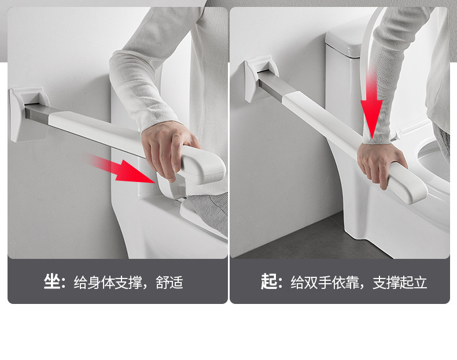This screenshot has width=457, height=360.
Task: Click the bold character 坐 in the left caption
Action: [x=52, y=281]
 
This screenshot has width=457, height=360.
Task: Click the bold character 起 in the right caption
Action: [x=268, y=281]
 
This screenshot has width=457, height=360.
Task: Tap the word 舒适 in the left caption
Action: [x=169, y=283]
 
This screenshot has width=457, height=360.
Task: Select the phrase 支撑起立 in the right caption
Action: [x=400, y=283]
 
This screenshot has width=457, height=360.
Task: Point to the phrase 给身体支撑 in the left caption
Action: [x=108, y=283]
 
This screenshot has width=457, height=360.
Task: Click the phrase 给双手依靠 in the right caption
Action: [x=325, y=283]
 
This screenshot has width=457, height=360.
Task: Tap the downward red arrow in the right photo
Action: [x=371, y=105]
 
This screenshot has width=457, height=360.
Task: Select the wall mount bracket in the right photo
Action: [x=260, y=78]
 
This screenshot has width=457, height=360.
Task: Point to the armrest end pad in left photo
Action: [x=202, y=165]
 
